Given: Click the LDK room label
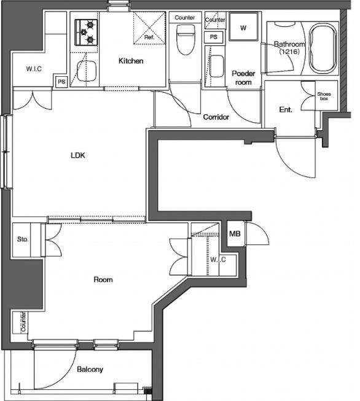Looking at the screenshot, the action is (78, 155).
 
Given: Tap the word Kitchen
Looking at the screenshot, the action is (131, 61).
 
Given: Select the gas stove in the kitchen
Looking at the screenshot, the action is (86, 33).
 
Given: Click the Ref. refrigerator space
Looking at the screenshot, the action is (149, 28).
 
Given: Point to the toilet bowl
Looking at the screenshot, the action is (184, 40).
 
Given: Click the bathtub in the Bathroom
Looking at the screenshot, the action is (323, 49).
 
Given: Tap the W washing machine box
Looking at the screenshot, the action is (243, 26).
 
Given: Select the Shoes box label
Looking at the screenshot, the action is (324, 96).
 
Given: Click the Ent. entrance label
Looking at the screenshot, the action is (286, 110).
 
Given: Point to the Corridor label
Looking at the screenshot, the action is (216, 117).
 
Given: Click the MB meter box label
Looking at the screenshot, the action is (235, 233).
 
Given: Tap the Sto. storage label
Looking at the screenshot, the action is (23, 239).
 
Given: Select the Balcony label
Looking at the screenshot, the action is (90, 369).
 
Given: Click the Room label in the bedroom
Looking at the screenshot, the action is (103, 279).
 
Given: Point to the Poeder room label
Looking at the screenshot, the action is (243, 78).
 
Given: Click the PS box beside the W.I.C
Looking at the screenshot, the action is (61, 82).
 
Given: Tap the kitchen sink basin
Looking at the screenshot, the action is (87, 71).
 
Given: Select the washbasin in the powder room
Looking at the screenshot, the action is (217, 66).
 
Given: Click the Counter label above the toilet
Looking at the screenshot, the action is (185, 18).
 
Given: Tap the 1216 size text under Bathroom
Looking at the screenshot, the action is (289, 52).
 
